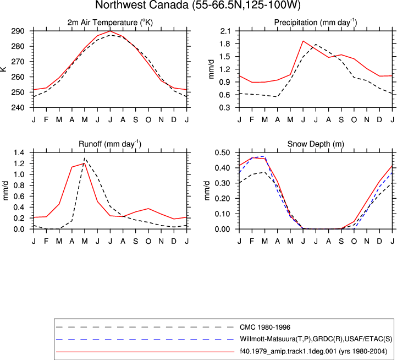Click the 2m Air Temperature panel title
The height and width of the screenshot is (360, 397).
pos(110,23)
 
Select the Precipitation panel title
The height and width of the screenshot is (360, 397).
pos(316,23)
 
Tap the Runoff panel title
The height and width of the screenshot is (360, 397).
pos(110,144)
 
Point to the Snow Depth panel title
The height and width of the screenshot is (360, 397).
pos(316,144)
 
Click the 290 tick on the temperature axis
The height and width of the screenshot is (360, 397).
pos(18,31)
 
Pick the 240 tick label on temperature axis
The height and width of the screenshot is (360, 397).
pos(18,107)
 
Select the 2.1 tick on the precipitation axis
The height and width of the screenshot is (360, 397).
pos(225,31)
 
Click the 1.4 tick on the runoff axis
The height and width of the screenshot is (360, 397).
pos(19,152)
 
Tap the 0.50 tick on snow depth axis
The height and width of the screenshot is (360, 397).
pos(222,152)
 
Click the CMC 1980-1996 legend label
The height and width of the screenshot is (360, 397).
pos(265,328)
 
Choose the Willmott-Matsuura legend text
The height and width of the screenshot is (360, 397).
pos(316,339)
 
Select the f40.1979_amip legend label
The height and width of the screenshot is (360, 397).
pos(313,351)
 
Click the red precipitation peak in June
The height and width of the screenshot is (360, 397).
pos(303,41)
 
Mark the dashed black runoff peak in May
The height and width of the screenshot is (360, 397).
pos(85,158)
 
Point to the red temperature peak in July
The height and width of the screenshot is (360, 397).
pos(110,31)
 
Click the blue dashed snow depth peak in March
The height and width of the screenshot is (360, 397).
pos(265,156)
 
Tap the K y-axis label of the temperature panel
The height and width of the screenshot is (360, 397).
pos(3,69)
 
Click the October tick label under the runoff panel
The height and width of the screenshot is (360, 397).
pos(148,241)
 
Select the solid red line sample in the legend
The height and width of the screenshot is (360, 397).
pos(145,352)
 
